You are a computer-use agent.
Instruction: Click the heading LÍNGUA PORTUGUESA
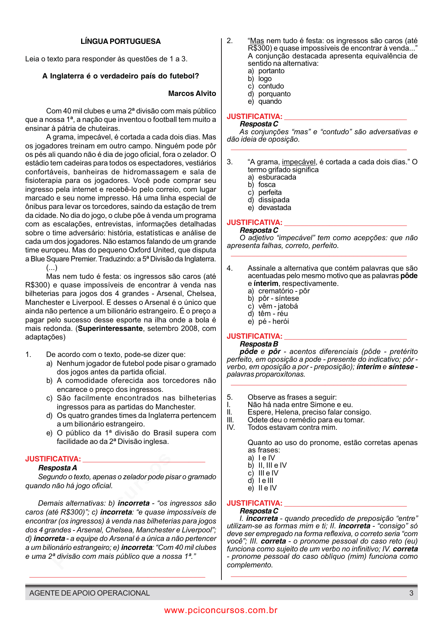(x=121, y=41)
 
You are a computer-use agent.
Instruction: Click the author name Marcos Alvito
(x=192, y=93)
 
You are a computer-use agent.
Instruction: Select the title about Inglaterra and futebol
(x=121, y=76)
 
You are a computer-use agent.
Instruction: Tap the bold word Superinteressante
(x=110, y=328)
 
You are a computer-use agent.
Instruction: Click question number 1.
(x=28, y=354)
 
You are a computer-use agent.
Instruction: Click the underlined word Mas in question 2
(x=257, y=41)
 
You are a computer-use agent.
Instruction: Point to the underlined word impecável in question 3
(x=298, y=162)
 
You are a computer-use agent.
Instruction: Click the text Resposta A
(x=57, y=468)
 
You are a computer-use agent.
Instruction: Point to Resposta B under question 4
(x=259, y=344)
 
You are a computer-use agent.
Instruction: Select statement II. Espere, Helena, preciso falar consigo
(x=309, y=412)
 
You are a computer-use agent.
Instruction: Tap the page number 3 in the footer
(x=411, y=593)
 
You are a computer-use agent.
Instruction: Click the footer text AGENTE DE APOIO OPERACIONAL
(x=89, y=593)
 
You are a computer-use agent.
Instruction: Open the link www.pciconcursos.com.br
(x=221, y=610)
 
